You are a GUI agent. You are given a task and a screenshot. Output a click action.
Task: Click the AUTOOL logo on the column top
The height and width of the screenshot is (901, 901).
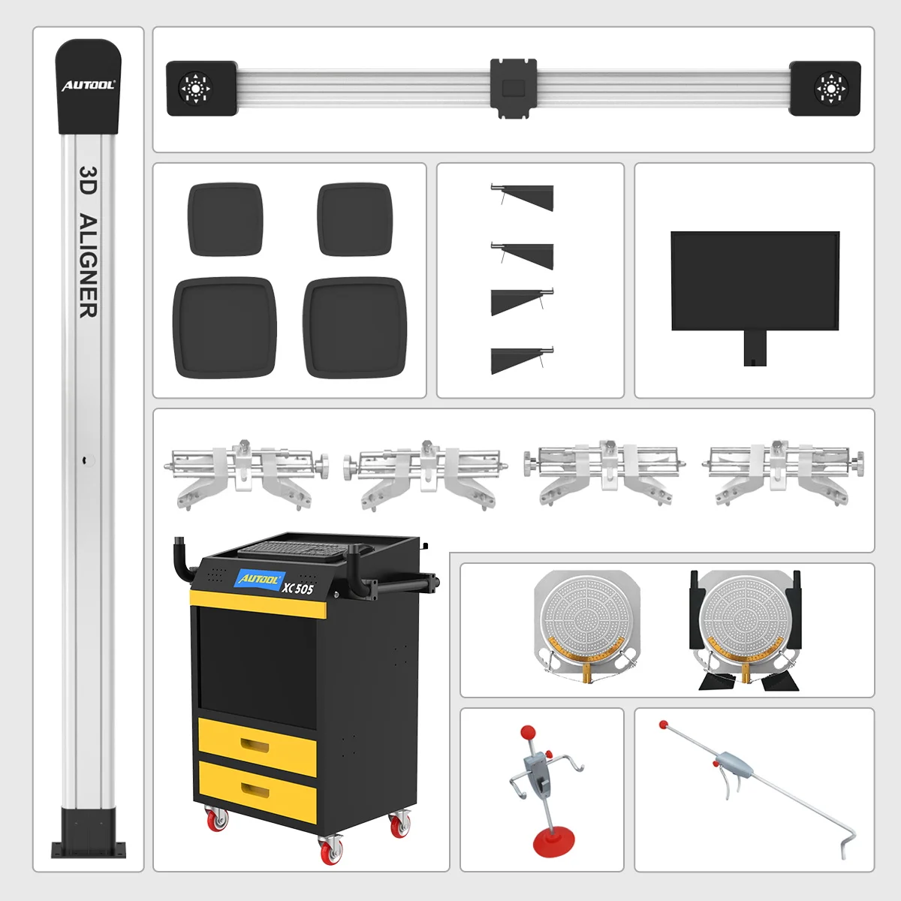pos(88,86)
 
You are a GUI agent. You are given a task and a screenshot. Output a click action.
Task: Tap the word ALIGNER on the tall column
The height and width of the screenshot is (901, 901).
pos(89,266)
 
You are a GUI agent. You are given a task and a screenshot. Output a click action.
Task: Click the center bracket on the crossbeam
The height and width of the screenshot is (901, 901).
pos(514,88)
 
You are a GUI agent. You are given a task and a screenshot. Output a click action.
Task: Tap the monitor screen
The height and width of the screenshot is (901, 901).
pos(755,280)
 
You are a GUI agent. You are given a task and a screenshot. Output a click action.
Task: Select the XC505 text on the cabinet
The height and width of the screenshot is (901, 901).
pos(298,588)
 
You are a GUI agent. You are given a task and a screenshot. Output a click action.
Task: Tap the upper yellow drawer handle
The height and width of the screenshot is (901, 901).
pos(256,745)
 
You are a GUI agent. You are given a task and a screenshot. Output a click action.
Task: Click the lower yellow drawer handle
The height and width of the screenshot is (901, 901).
pos(256,790)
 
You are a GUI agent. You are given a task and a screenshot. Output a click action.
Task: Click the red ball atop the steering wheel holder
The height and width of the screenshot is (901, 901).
pos(528,731)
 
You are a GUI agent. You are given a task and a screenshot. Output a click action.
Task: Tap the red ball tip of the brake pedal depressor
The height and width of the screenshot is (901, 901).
pos(664,725)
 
